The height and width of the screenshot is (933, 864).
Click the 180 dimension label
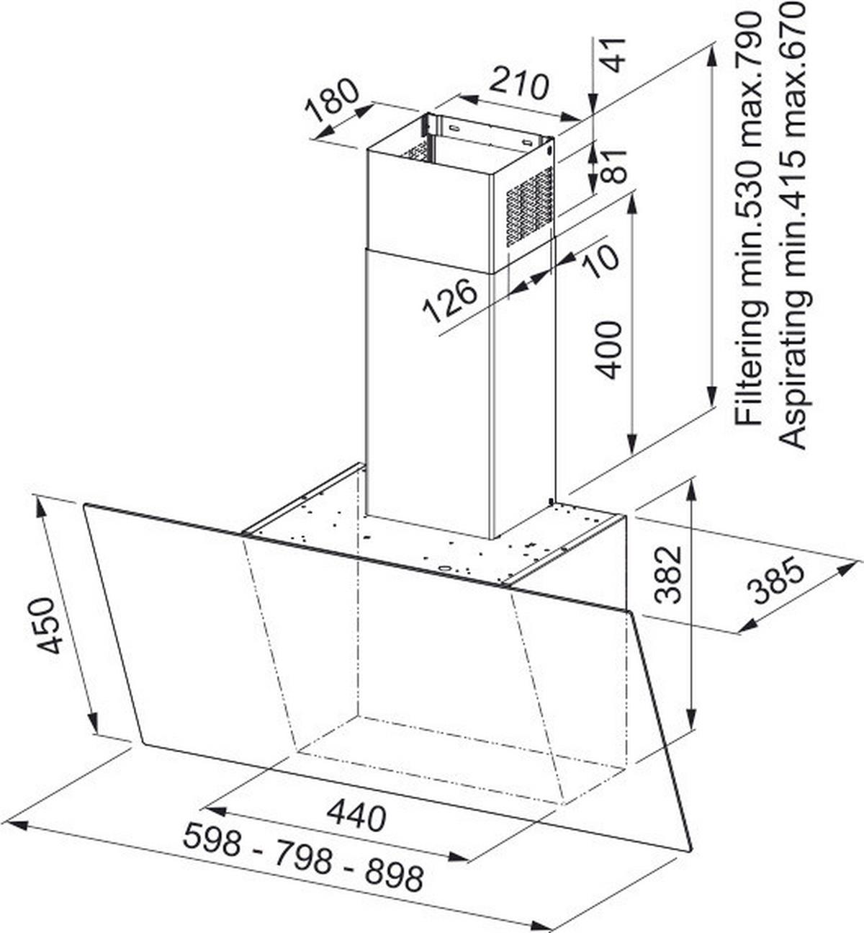(332, 100)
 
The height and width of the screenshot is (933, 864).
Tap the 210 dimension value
(519, 85)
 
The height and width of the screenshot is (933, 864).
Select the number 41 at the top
(612, 54)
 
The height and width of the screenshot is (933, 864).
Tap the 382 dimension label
(668, 574)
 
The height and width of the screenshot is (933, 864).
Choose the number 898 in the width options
(393, 875)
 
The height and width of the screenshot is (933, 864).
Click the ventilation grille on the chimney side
(529, 206)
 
